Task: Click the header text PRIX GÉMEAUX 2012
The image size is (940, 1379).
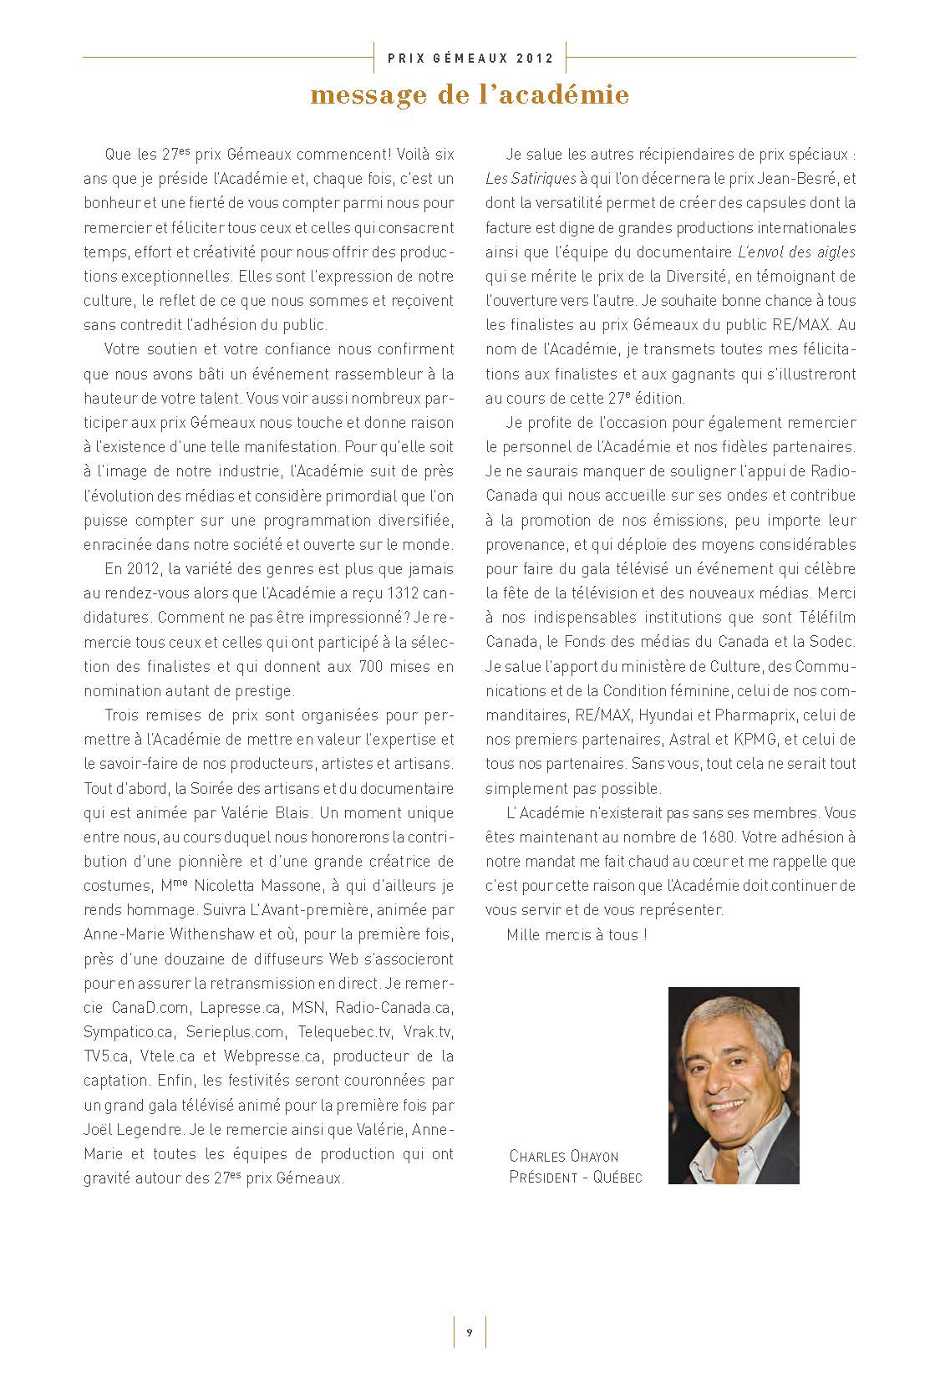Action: tap(470, 59)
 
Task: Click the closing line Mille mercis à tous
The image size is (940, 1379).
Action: tap(577, 935)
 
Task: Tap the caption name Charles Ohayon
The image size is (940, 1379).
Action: tap(564, 1158)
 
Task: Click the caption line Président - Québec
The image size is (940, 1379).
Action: tap(576, 1178)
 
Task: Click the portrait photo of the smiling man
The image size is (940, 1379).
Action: tap(733, 1085)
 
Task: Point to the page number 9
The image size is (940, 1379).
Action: tap(470, 1332)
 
